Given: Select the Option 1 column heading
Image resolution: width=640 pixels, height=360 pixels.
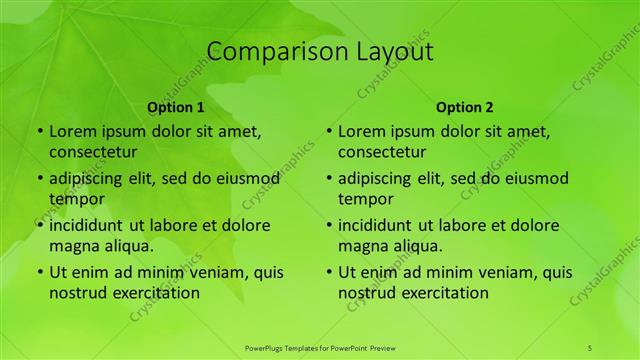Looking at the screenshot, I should click(176, 107).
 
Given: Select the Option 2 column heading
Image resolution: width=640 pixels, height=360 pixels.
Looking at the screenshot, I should click(465, 107).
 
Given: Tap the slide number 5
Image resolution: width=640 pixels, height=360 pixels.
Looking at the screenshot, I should click(590, 346).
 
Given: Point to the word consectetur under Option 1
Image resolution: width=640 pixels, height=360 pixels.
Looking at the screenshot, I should click(93, 152).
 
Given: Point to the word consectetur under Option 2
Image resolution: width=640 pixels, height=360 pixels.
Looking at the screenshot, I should click(382, 152).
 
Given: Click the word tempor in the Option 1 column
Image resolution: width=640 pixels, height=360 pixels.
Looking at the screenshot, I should click(73, 199).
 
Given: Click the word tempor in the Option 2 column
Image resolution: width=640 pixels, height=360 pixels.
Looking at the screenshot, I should click(362, 199).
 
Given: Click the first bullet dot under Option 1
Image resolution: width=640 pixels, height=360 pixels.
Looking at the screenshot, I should click(39, 131).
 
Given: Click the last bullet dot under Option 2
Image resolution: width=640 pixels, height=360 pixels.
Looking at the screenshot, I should click(328, 272).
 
